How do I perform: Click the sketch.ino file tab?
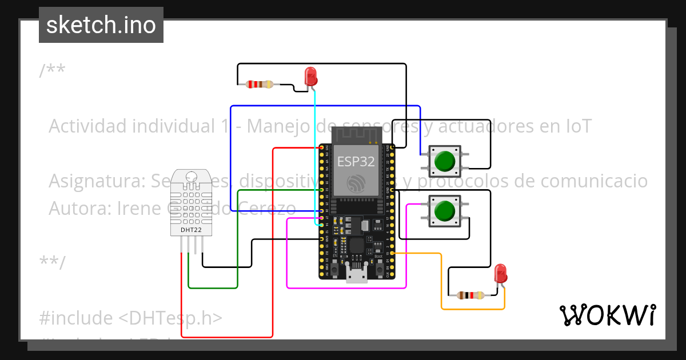tap(101, 25)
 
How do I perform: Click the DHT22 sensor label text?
tap(191, 230)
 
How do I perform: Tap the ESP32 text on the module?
tap(356, 162)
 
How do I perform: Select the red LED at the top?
tap(310, 77)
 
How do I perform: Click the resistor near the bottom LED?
tap(470, 295)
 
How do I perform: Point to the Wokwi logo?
tap(607, 315)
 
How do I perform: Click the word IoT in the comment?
tap(576, 126)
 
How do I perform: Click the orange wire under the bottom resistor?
tap(472, 309)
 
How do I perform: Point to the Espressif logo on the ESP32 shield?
tap(356, 183)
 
